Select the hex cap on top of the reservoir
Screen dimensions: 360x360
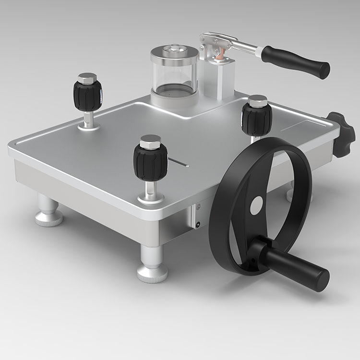[174, 49]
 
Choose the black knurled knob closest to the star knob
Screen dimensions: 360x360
[257, 118]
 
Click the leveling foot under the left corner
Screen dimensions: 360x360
[48, 212]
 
